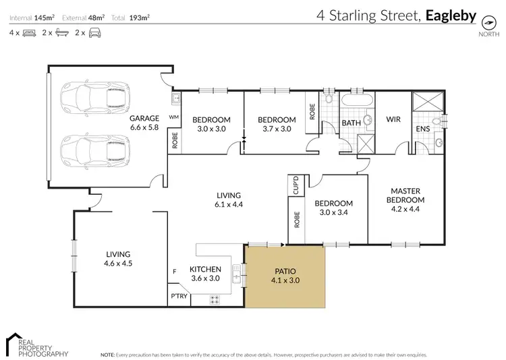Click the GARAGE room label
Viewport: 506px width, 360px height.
coord(143,117)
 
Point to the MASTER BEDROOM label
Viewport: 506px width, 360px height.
coord(405,195)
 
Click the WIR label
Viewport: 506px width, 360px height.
coord(394,119)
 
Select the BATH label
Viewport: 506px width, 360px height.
coord(351,123)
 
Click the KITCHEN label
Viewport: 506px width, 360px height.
coord(206,269)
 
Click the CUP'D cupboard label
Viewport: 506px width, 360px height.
coord(296,185)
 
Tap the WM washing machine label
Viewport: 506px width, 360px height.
coord(173,117)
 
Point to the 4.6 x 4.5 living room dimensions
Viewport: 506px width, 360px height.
coord(118,264)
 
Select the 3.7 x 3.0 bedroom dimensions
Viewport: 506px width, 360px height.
coord(277,129)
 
